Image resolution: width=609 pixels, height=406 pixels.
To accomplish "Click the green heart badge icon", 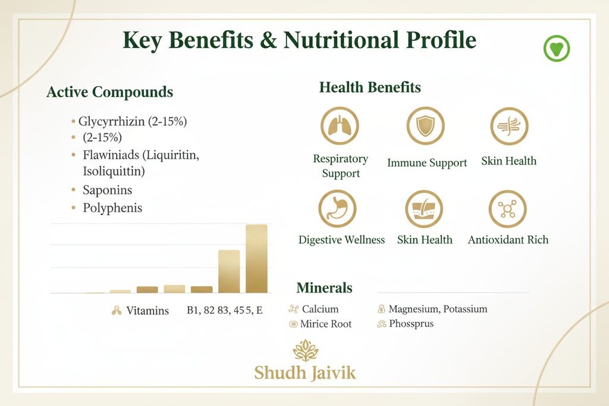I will coord(557,49).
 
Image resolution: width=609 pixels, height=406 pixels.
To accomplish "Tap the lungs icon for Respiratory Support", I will coord(340,126).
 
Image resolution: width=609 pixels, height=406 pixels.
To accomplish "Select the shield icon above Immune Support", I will coord(426,126).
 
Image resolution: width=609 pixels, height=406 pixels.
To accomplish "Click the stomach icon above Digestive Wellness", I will coord(337,209).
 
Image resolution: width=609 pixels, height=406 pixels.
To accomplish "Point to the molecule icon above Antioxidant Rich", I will coord(507,209).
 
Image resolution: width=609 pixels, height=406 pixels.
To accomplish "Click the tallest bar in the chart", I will coord(256,259).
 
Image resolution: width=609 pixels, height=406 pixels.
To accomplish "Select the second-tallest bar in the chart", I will coord(229,271).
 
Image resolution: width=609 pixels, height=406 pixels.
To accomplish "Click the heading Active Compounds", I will coord(109,92).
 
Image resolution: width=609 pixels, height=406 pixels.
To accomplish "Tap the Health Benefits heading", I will coord(370,87).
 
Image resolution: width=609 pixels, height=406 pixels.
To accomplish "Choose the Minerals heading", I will coord(324,288).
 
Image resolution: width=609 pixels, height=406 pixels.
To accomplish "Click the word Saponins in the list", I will coord(107,190).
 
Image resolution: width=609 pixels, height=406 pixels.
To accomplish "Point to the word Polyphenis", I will coord(112,208).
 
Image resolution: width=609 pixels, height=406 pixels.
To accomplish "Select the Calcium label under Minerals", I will coord(320,309).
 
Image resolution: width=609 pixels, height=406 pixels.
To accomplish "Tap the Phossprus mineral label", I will coord(411,324).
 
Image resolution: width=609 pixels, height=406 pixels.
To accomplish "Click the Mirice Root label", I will coord(326,324).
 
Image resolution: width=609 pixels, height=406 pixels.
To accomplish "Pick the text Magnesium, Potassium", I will coord(438,309).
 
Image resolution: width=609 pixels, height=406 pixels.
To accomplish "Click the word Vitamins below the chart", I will coord(147,310).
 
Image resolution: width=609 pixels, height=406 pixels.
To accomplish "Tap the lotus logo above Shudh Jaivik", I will coord(305,351).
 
